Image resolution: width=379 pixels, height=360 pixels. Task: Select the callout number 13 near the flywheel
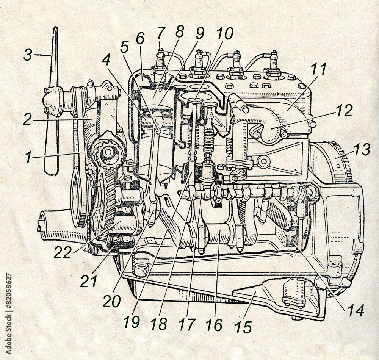(362, 149)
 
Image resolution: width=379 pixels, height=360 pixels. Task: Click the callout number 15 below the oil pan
(243, 327)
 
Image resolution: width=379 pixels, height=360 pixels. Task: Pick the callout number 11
(318, 69)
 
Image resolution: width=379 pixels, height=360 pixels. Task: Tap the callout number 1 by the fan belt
(29, 157)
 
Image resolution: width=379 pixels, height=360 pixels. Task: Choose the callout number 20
(111, 302)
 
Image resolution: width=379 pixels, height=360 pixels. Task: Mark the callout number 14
(356, 310)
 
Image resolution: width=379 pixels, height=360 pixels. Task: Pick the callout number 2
(27, 119)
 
